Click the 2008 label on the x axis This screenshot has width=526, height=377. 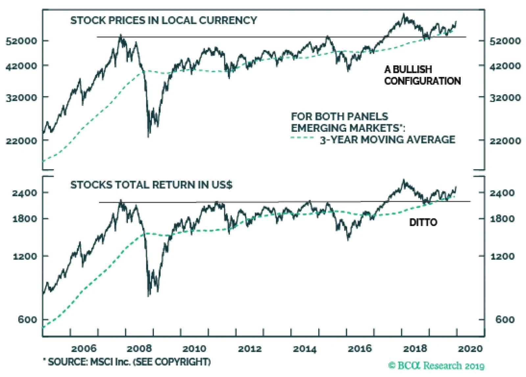[139, 348]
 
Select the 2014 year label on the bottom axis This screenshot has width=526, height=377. [304, 348]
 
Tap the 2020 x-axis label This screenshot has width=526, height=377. [470, 348]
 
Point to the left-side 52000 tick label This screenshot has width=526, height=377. [21, 41]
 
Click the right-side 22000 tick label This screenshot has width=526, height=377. [505, 141]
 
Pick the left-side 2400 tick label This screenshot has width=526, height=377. [25, 193]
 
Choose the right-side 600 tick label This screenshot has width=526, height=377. [505, 319]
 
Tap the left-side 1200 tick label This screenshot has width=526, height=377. [25, 256]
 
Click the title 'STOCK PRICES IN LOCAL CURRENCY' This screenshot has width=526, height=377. [163, 20]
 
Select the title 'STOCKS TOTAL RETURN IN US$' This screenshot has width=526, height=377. [151, 185]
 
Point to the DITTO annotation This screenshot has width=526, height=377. [423, 223]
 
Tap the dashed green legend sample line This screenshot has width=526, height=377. [302, 138]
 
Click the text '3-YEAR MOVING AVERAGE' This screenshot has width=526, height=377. [388, 140]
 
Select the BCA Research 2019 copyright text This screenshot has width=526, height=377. [436, 365]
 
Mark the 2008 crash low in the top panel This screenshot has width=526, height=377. [149, 135]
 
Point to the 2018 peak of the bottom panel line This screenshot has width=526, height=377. [404, 180]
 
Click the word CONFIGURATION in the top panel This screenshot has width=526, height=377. [422, 81]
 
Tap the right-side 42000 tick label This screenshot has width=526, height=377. [505, 66]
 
